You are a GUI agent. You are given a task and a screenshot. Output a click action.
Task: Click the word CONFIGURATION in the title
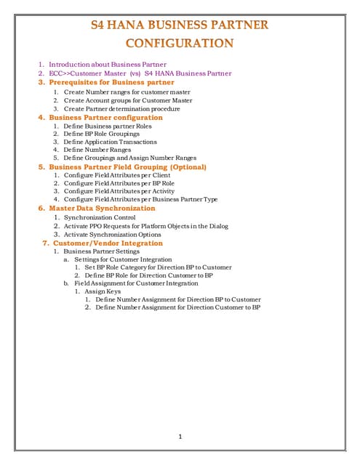(x=180, y=43)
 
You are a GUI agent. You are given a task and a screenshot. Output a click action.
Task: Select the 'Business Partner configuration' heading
(x=105, y=117)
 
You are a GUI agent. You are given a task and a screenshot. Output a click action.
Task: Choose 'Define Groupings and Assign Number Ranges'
(x=129, y=158)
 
